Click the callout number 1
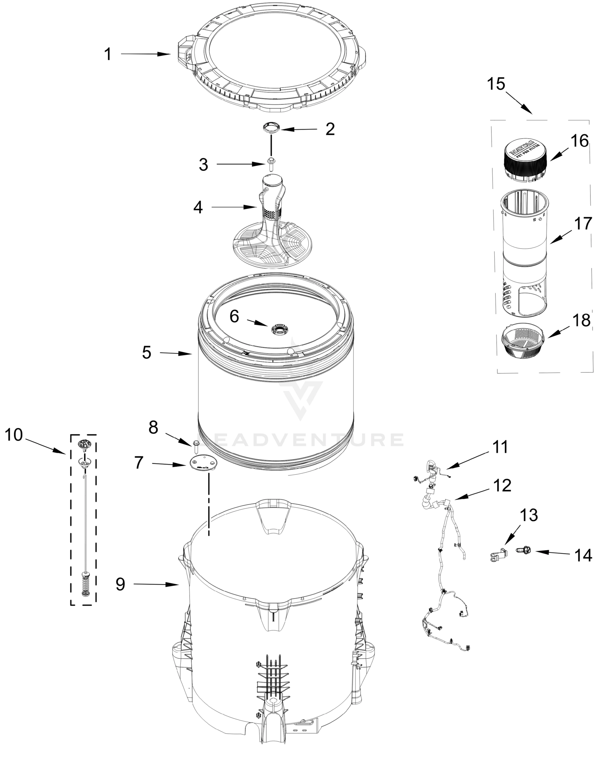108,54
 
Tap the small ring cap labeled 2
272,127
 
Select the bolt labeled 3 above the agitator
271,165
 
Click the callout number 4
198,207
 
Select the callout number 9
120,585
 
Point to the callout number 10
14,435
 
